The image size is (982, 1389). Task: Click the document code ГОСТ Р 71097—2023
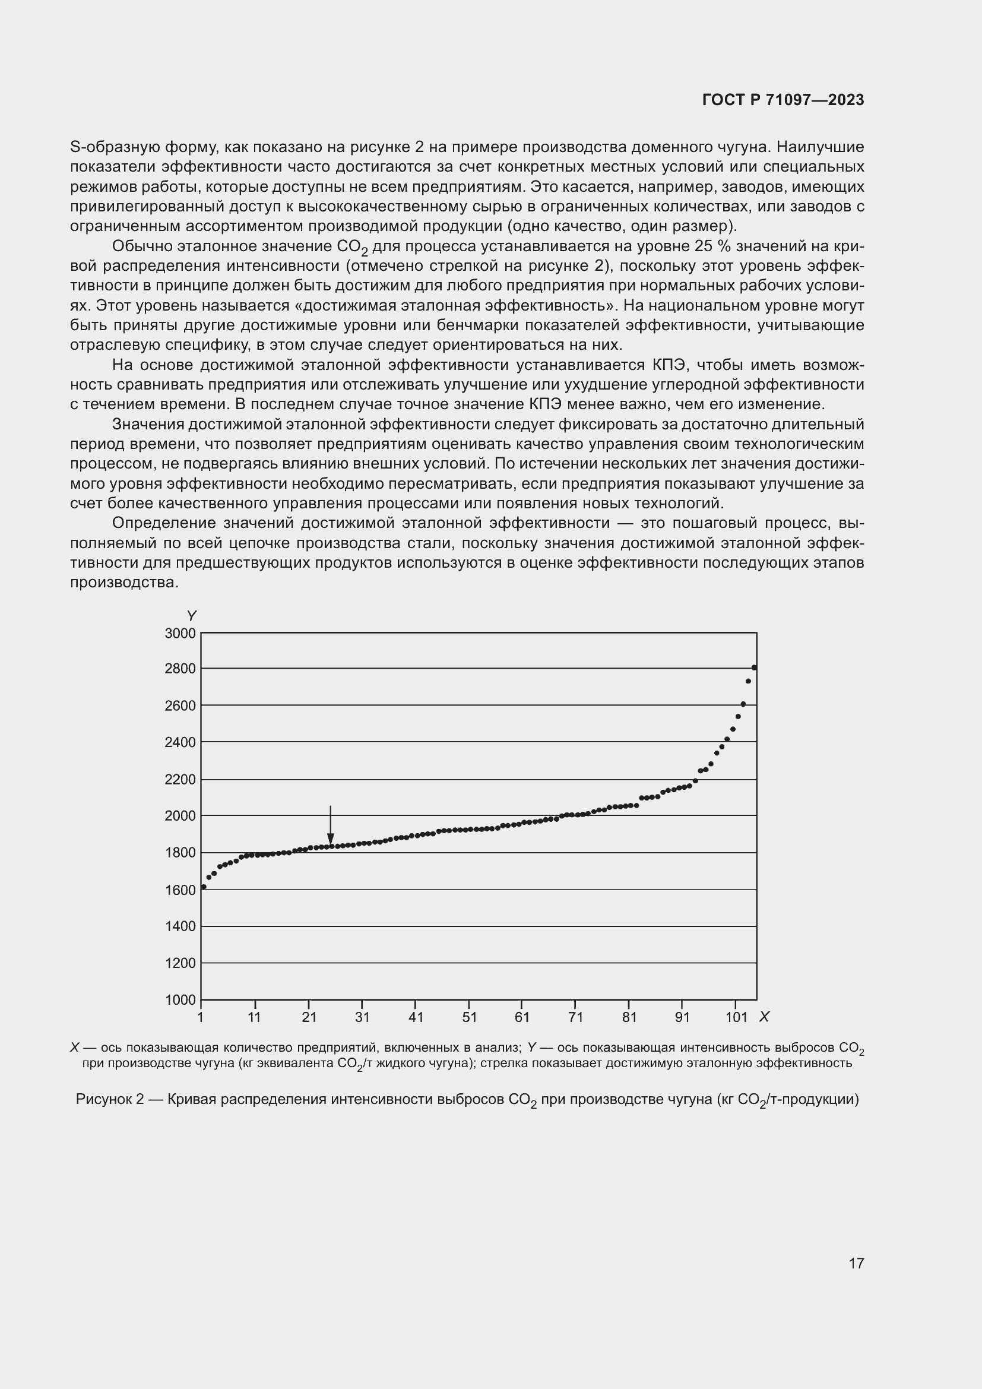tap(783, 100)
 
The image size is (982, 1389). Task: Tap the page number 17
tap(856, 1263)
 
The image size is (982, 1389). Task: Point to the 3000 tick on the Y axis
tap(180, 634)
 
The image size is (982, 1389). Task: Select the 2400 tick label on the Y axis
tap(180, 742)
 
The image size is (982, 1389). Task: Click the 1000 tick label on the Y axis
tap(180, 1000)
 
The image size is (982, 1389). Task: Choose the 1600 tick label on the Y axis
tap(180, 890)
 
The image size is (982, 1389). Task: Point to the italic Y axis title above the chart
tap(192, 616)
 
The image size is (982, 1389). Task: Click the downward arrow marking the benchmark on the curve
tap(330, 827)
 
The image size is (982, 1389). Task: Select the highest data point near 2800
tap(754, 668)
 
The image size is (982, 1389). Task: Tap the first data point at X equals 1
tap(204, 887)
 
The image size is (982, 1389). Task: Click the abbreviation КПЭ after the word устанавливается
tap(668, 365)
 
